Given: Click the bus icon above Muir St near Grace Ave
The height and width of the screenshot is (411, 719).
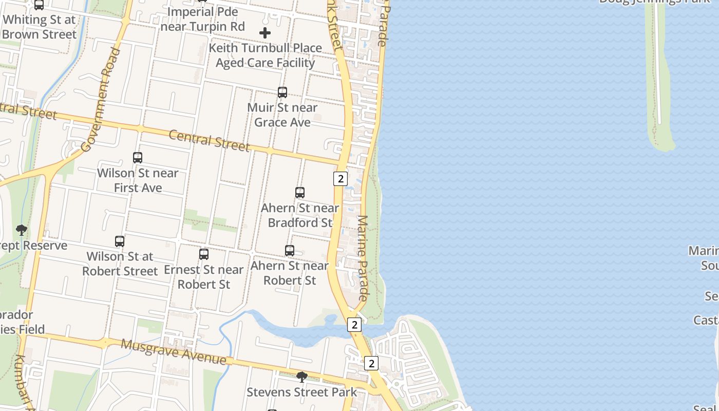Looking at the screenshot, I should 282,92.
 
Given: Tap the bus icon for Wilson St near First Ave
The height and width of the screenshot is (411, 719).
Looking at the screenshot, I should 138,158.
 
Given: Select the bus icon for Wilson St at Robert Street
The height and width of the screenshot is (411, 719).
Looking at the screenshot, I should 120,241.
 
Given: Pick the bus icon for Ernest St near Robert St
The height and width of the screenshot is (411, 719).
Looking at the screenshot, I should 204,254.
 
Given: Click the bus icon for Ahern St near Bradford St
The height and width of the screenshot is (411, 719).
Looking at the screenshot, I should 300,193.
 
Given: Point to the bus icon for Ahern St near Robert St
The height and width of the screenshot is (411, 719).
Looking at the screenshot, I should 290,251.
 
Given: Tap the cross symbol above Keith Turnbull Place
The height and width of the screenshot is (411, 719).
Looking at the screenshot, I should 265,33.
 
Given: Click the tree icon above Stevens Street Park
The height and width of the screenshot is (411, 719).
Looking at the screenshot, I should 302,377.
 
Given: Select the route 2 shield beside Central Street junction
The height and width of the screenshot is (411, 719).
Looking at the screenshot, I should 340,179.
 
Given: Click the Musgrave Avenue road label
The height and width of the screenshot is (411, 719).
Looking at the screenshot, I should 174,351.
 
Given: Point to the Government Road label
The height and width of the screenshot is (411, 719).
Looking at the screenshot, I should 101,99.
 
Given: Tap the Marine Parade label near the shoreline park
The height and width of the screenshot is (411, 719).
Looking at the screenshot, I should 363,258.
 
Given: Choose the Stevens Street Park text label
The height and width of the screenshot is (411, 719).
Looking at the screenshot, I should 301,392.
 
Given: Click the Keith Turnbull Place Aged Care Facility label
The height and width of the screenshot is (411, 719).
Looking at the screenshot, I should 266,55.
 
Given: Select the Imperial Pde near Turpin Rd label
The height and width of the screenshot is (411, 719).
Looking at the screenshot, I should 203,19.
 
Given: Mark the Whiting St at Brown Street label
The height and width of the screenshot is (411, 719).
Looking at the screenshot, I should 39,27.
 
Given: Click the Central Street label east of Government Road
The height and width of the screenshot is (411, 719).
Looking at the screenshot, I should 209,140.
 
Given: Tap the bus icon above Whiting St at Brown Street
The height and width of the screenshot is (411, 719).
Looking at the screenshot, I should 39,5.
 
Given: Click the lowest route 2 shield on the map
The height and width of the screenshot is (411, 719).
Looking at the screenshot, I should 371,363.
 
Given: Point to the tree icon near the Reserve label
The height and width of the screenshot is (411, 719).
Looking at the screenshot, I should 22,230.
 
